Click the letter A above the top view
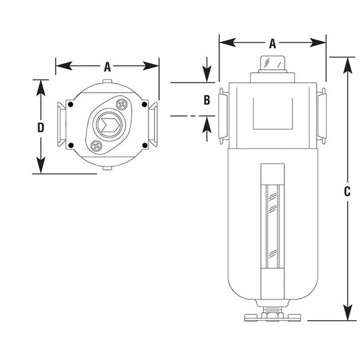pos(108,67)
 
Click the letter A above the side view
pos(272,42)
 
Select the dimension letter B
pos(206,100)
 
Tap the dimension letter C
pos(347,191)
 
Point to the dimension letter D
pos(41,127)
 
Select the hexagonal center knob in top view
pos(108,124)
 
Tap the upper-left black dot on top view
pos(72,103)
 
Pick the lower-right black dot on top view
pos(145,145)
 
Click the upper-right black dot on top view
pos(144,103)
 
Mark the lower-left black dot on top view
pos(72,145)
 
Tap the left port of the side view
pos(222,115)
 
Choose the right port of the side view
pos(322,115)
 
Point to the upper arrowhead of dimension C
pos(347,64)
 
